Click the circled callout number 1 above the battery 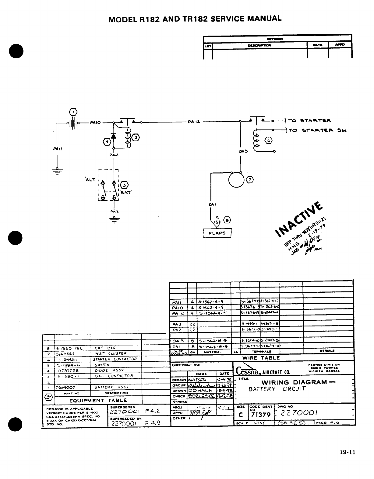click(74, 112)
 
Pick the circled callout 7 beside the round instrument click(250, 180)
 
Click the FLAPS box click(217, 233)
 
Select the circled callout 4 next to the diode click(106, 141)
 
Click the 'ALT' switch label click(91, 179)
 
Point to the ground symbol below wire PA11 click(56, 171)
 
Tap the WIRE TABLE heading click(261, 358)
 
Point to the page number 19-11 click(348, 452)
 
